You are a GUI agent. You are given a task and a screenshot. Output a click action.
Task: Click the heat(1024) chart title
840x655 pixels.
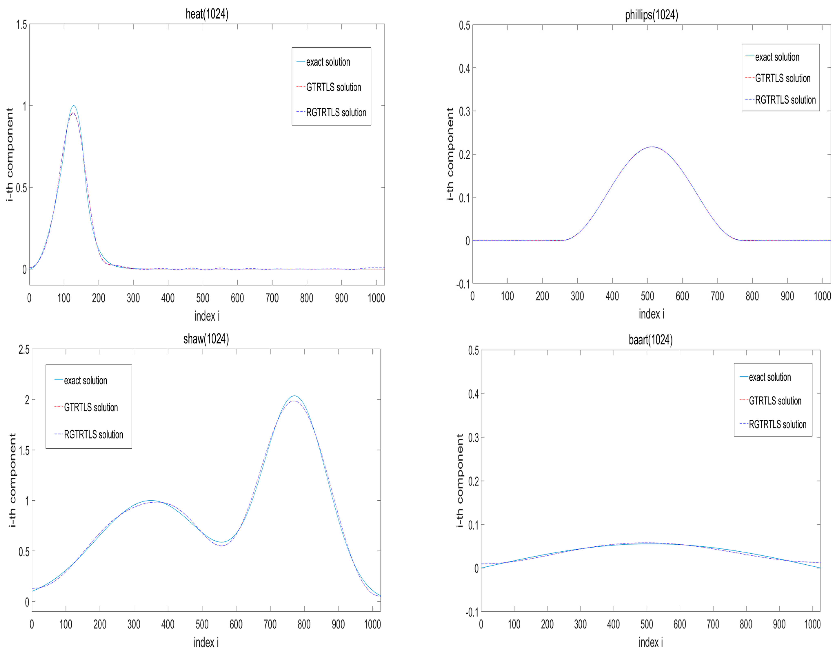207,14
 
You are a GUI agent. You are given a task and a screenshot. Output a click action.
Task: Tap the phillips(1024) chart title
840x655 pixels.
651,15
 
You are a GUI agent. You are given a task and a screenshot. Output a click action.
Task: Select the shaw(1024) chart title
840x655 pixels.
206,339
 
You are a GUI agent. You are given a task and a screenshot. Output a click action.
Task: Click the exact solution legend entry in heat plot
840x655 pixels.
328,62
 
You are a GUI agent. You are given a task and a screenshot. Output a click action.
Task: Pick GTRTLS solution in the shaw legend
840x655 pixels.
91,407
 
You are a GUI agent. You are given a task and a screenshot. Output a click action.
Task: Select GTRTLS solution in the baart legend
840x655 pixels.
775,401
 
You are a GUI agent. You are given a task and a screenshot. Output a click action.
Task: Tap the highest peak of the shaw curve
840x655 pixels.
295,396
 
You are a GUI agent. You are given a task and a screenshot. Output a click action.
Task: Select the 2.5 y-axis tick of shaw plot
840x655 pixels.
24,350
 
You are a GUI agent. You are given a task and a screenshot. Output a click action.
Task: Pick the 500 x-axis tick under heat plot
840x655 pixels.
203,298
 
